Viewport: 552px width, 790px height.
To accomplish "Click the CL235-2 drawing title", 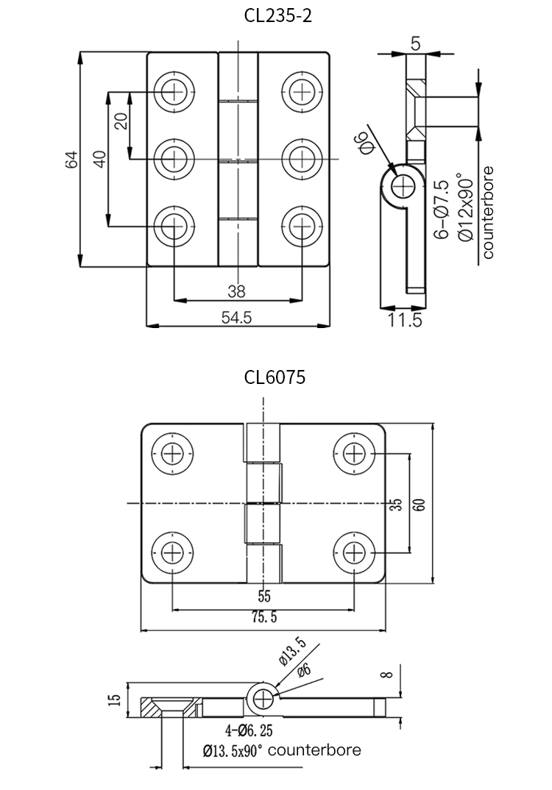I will (x=277, y=15).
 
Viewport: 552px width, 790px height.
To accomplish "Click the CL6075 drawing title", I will (x=275, y=377).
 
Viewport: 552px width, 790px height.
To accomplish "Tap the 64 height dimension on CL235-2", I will (x=71, y=160).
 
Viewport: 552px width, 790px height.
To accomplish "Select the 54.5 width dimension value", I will (x=237, y=317).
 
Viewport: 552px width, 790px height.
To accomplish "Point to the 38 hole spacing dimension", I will (x=236, y=291).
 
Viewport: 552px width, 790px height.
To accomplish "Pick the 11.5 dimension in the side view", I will (x=405, y=320).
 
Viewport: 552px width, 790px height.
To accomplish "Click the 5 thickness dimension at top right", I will (x=416, y=44).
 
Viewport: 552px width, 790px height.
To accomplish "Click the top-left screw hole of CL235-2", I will (x=175, y=91).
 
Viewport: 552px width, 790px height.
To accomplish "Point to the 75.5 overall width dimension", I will (x=263, y=618).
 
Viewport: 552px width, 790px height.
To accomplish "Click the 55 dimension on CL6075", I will (x=263, y=596).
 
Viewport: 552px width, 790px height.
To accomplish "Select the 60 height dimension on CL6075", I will (x=419, y=504).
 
